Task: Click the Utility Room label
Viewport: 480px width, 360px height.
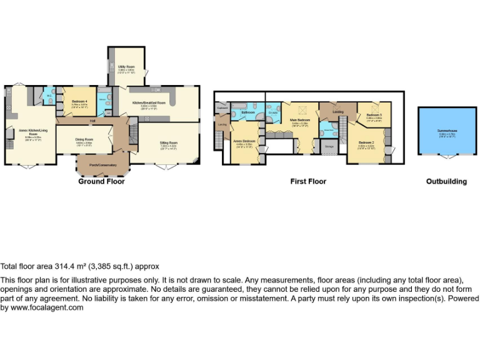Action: pos(126,66)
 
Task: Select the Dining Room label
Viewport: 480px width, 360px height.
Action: pos(84,139)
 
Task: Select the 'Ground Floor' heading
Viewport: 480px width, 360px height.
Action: pos(101,181)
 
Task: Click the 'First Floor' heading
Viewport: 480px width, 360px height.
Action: pos(308,181)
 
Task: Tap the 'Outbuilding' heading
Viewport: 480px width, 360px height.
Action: pos(446,181)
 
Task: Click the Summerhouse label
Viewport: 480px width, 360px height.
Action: pos(447,131)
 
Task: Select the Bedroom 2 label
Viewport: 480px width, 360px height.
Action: pos(366,142)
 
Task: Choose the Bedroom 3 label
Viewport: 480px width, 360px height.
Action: pos(374,115)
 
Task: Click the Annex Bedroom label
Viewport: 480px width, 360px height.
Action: pos(244,141)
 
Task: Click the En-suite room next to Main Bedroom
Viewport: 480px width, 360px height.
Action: pos(274,112)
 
